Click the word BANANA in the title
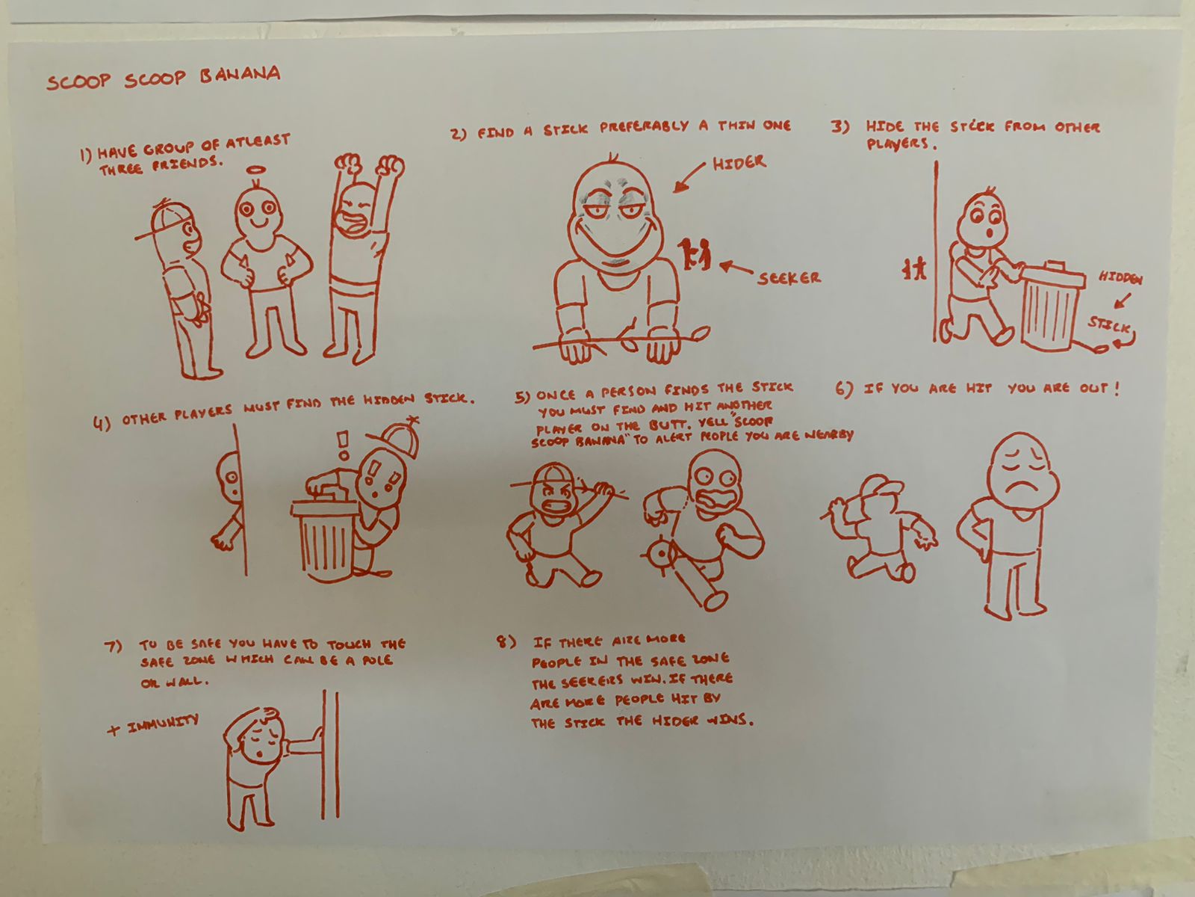click(x=240, y=74)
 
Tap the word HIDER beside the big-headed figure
click(x=739, y=162)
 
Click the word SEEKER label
click(x=789, y=278)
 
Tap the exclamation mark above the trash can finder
click(x=343, y=445)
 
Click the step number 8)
click(x=506, y=642)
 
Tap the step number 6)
click(x=845, y=389)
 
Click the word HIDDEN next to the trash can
click(x=1120, y=278)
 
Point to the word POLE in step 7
click(x=377, y=661)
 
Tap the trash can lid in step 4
click(x=326, y=508)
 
